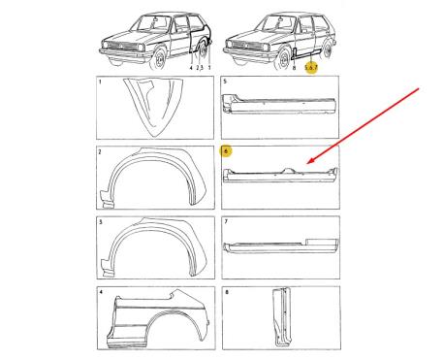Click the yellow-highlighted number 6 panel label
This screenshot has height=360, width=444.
pyautogui.click(x=226, y=151)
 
